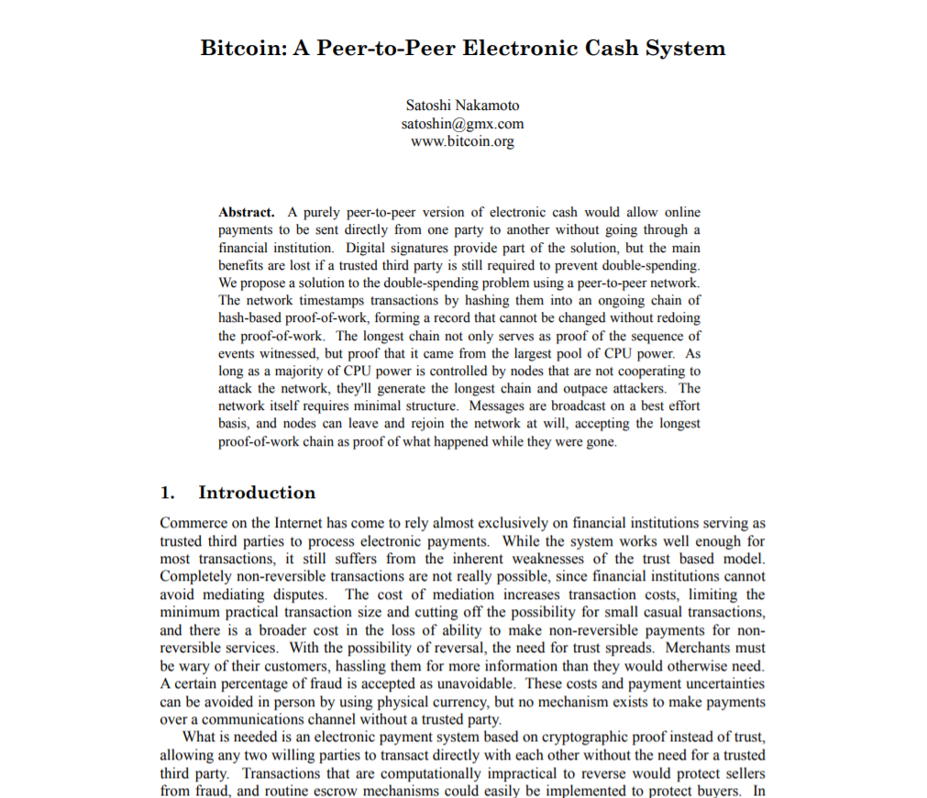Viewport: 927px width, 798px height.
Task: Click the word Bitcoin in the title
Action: pos(241,48)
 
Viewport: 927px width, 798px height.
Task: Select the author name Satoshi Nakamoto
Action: pos(462,105)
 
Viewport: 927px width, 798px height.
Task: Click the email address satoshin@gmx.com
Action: pos(462,124)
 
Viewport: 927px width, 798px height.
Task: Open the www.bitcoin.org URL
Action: pos(462,141)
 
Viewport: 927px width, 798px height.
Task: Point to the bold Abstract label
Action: pos(246,213)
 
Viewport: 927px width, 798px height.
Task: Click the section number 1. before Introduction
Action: pos(168,493)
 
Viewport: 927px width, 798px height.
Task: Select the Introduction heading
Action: pos(257,493)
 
